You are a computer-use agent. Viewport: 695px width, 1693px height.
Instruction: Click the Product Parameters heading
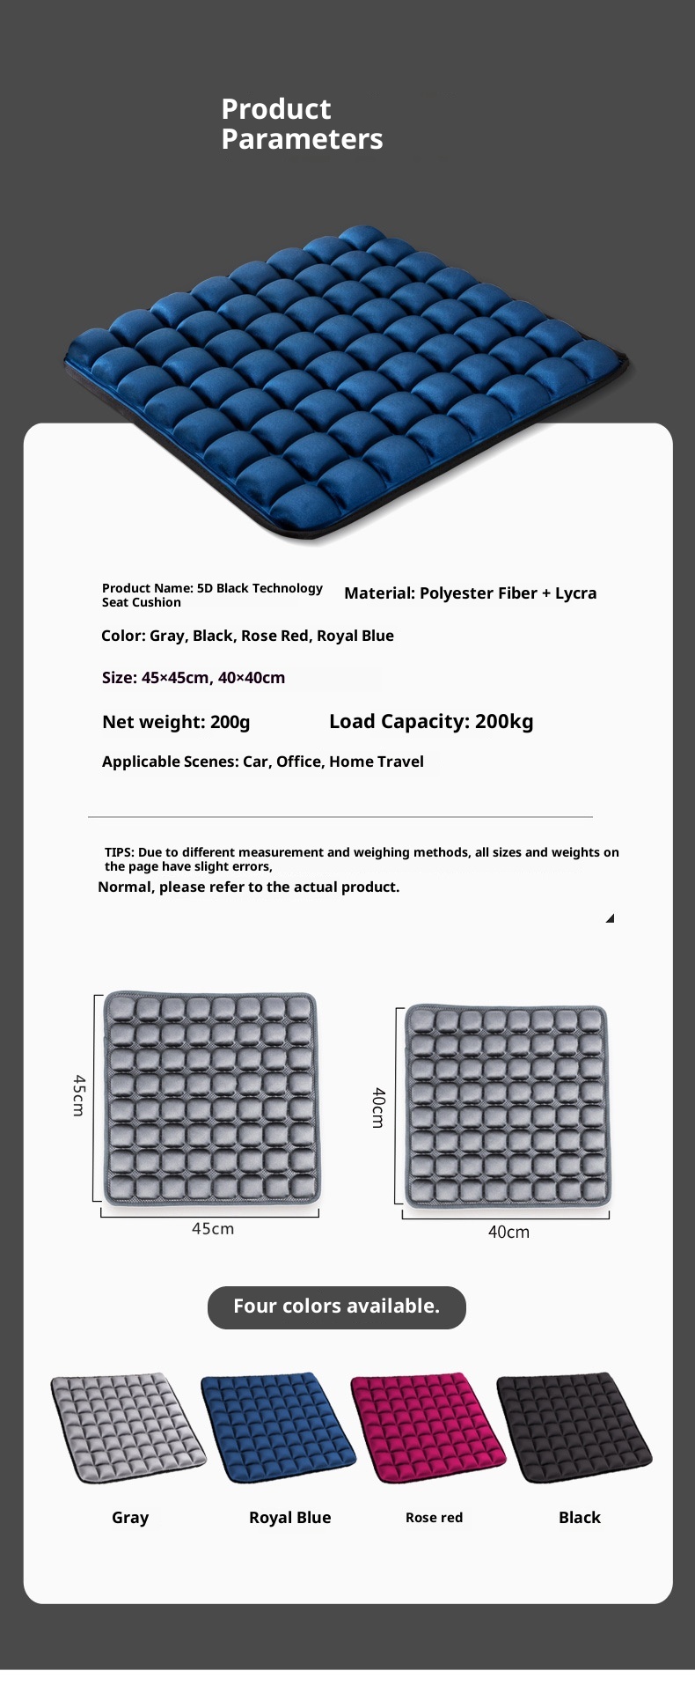pyautogui.click(x=302, y=124)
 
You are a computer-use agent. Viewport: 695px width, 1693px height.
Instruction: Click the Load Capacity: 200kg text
pyautogui.click(x=431, y=722)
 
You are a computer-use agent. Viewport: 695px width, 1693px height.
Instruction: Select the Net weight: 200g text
pyautogui.click(x=176, y=723)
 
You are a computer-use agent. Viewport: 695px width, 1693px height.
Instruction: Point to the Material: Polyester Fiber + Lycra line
pyautogui.click(x=470, y=593)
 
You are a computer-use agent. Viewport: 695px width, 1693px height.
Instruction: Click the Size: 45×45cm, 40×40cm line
pyautogui.click(x=194, y=678)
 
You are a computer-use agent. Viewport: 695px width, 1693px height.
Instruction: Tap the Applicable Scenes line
pyautogui.click(x=262, y=762)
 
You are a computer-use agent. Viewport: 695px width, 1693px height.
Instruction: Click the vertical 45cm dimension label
pyautogui.click(x=78, y=1095)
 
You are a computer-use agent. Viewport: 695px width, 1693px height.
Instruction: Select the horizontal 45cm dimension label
pyautogui.click(x=213, y=1229)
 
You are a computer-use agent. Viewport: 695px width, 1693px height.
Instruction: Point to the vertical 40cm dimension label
pyautogui.click(x=378, y=1108)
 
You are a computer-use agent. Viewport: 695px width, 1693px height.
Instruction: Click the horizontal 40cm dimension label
pyautogui.click(x=508, y=1233)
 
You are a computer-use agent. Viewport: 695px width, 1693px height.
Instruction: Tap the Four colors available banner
pyautogui.click(x=336, y=1307)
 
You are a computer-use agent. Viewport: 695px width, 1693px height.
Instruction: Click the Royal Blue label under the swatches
pyautogui.click(x=289, y=1518)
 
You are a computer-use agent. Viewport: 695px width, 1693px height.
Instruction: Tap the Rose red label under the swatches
pyautogui.click(x=434, y=1518)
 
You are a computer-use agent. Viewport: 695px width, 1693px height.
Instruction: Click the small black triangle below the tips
pyautogui.click(x=610, y=918)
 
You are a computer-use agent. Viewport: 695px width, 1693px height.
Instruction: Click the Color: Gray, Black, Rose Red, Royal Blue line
pyautogui.click(x=247, y=637)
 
